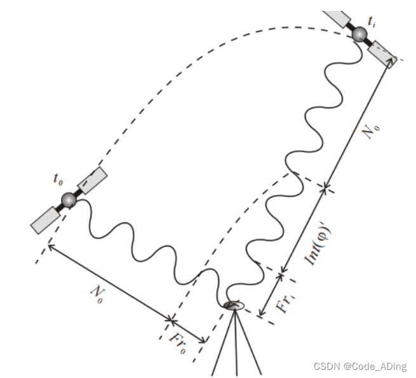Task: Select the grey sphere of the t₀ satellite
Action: (69, 200)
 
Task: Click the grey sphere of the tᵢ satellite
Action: (361, 34)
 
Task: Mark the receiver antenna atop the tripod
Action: (234, 307)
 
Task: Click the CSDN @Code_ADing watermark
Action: (360, 366)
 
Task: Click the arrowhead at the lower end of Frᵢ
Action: (260, 313)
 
